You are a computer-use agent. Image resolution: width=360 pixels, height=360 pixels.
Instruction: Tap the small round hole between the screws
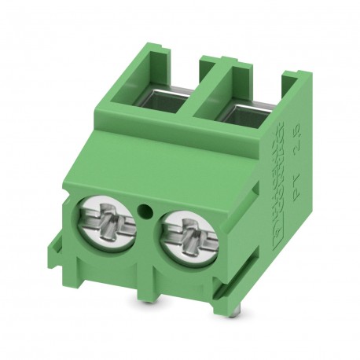tap(144, 211)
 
